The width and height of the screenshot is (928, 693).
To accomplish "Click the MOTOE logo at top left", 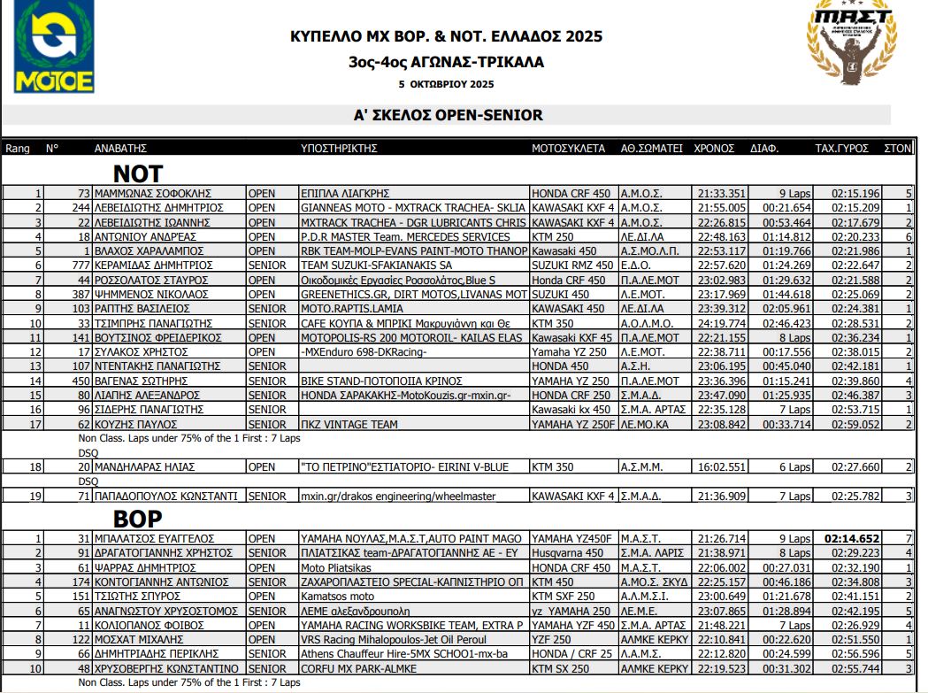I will [54, 47].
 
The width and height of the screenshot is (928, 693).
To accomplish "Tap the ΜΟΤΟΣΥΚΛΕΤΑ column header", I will [568, 149].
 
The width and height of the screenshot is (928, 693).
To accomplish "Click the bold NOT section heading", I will [138, 173].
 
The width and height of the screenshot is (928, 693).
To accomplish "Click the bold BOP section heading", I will [137, 519].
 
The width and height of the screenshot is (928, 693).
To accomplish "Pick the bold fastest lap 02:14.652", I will [852, 538].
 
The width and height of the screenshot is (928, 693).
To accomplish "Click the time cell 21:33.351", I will [721, 194].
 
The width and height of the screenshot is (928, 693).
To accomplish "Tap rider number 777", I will [81, 266].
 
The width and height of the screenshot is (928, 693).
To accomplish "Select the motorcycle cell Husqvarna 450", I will [566, 552].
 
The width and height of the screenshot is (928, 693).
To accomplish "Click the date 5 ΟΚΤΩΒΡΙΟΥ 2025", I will [446, 84].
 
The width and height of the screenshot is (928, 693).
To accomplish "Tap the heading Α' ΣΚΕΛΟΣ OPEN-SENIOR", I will [448, 115].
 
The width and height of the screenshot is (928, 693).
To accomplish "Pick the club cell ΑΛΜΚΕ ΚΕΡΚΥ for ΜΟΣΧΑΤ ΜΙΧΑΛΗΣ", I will [653, 639].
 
